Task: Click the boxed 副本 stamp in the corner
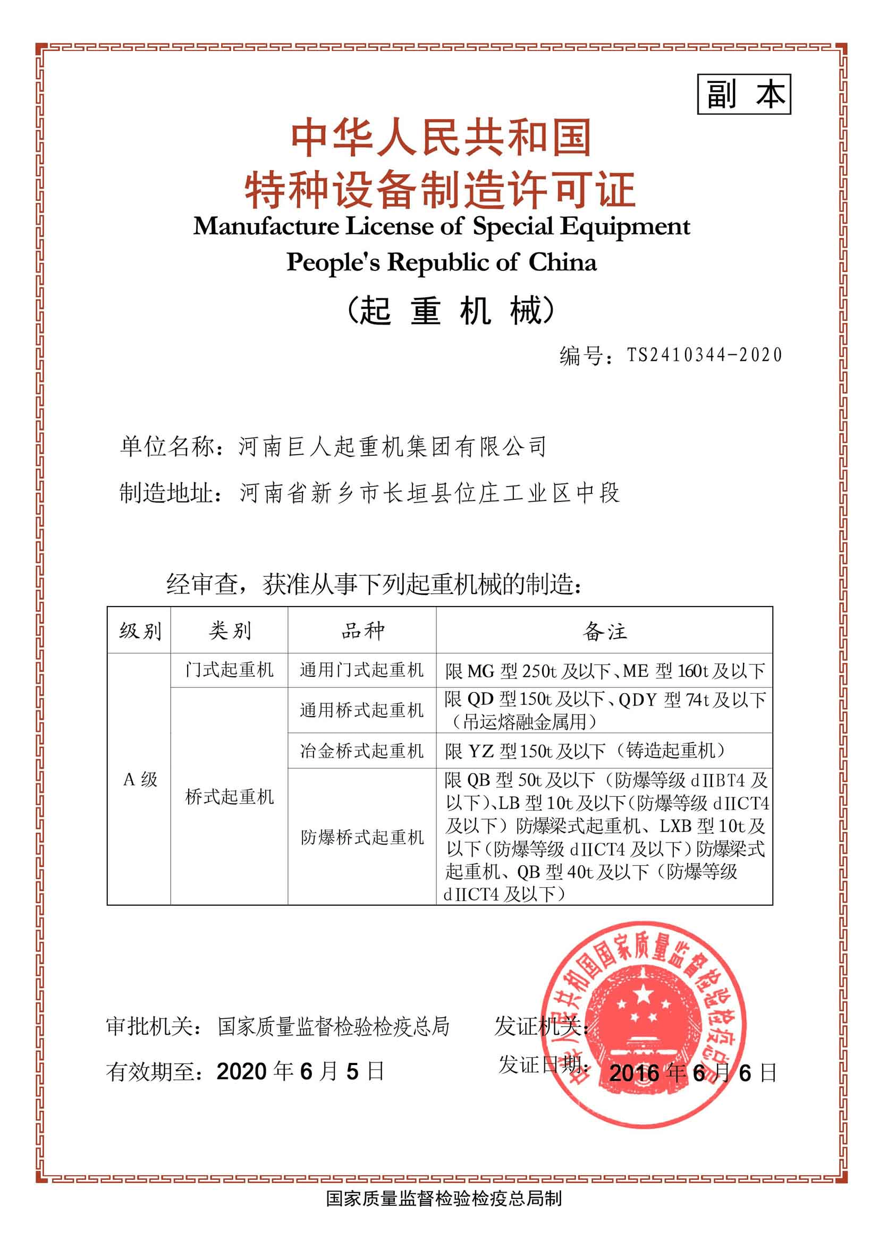[x=743, y=95]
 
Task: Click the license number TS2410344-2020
[x=704, y=355]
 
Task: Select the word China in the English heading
[x=562, y=263]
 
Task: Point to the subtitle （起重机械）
[x=450, y=311]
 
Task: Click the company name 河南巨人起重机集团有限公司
[x=392, y=447]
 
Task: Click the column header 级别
[x=140, y=631]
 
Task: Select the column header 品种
[x=362, y=631]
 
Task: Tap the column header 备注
[x=605, y=631]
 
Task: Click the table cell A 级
[x=140, y=780]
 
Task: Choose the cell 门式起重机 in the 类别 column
[x=230, y=670]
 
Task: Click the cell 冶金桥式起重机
[x=362, y=751]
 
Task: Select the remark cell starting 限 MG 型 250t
[x=605, y=671]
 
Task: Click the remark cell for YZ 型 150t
[x=585, y=751]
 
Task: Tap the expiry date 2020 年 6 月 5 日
[x=300, y=1070]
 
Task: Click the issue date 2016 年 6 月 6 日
[x=693, y=1073]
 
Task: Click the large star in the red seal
[x=644, y=994]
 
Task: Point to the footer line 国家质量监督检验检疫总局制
[x=444, y=1213]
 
